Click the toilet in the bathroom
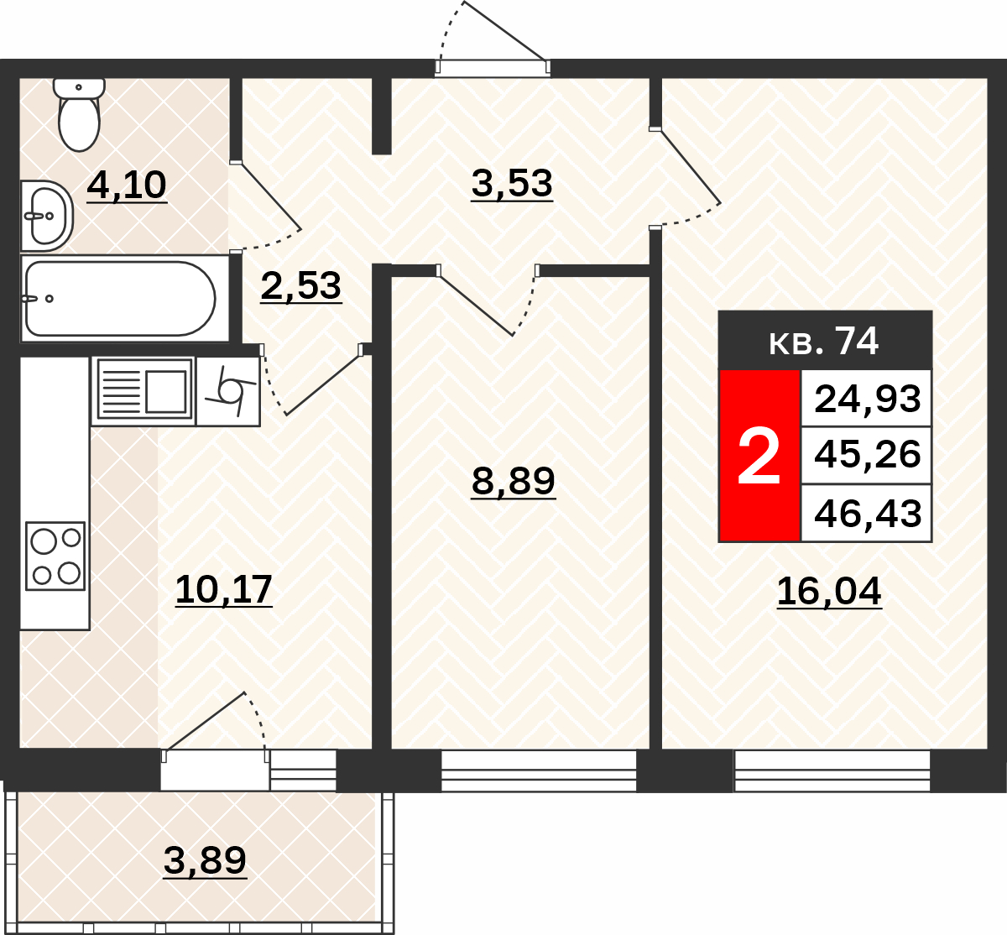tap(79, 115)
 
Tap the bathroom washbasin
tap(47, 216)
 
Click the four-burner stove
tap(55, 556)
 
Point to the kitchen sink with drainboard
tap(144, 391)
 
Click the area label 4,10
tap(127, 186)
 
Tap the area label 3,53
tap(512, 184)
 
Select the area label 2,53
tap(301, 287)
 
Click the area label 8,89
tap(513, 482)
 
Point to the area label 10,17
tap(223, 590)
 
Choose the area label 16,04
tap(829, 592)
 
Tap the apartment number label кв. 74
tap(824, 342)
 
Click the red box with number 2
tap(759, 456)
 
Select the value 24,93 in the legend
tap(868, 399)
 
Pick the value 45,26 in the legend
tap(868, 455)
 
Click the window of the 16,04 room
tap(832, 771)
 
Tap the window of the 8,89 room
tap(539, 771)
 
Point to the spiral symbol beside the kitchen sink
tap(229, 391)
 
